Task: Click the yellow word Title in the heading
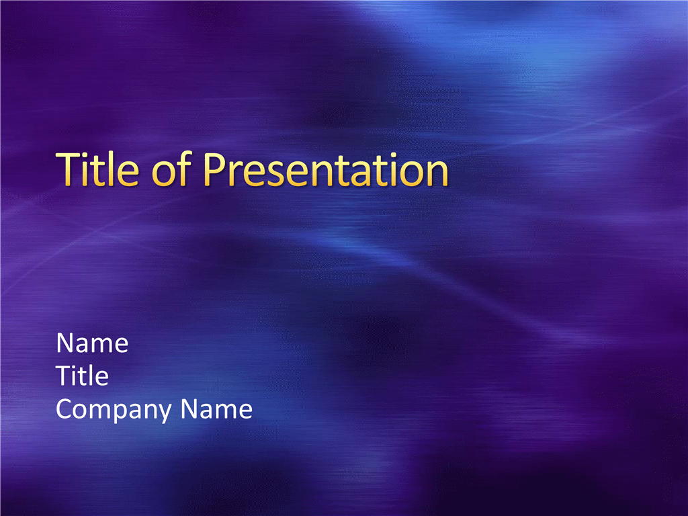(x=97, y=169)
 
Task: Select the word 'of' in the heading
(x=171, y=169)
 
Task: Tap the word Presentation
(x=326, y=169)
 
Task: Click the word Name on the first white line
(x=92, y=343)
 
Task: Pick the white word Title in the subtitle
(x=83, y=376)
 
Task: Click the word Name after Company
(x=216, y=409)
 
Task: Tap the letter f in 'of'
(x=185, y=169)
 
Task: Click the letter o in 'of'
(x=163, y=174)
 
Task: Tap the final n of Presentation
(x=438, y=174)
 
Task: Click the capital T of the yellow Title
(x=68, y=169)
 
